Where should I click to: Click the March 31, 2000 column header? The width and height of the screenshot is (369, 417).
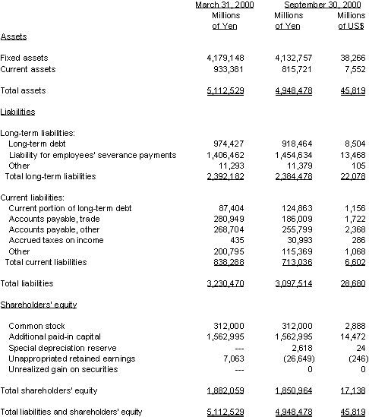click(x=224, y=5)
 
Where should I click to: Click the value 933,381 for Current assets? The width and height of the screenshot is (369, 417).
click(x=226, y=69)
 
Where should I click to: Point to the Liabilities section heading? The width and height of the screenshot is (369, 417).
click(x=17, y=112)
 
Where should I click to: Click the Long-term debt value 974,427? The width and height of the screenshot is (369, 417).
click(x=226, y=144)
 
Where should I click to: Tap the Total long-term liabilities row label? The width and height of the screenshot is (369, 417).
click(x=50, y=176)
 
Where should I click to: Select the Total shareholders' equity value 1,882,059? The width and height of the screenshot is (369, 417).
click(x=224, y=390)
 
